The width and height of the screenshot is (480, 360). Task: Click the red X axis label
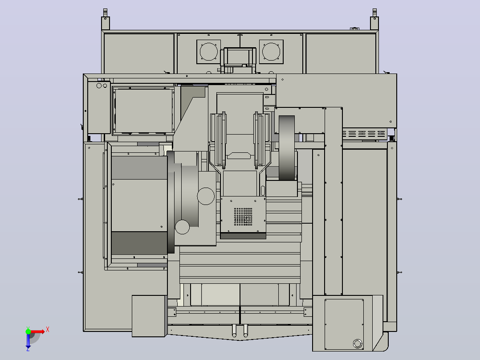point(48,330)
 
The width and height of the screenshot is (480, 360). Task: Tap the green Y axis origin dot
point(28,331)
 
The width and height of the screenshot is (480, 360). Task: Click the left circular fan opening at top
point(209,52)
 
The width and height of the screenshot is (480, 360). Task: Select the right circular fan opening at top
point(271,52)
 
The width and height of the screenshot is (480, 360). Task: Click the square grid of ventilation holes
point(244,217)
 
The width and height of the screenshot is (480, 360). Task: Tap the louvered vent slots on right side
point(364,134)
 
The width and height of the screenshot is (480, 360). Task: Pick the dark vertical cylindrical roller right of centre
point(287,147)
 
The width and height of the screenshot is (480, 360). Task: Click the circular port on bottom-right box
point(358,344)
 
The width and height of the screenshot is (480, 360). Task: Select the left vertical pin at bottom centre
point(235,330)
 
